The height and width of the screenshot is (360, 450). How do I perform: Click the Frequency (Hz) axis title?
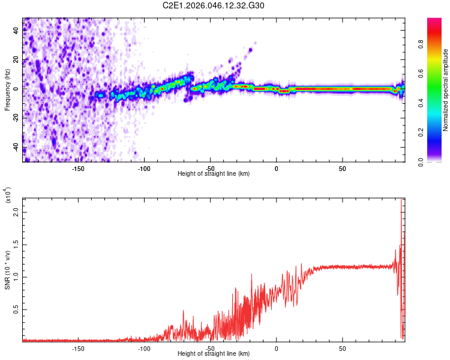[8, 89]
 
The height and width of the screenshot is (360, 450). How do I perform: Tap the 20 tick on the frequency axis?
[16, 59]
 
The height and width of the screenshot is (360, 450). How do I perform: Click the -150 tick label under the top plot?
[77, 168]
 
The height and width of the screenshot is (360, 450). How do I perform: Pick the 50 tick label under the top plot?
[342, 168]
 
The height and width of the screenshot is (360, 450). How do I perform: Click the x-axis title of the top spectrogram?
[214, 174]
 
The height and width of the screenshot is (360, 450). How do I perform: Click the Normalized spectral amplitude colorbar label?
[446, 90]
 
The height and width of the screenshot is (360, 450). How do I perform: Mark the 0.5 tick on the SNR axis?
[16, 309]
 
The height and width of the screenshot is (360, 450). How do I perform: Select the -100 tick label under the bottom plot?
[144, 348]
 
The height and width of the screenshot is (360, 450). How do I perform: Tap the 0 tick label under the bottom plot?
[276, 348]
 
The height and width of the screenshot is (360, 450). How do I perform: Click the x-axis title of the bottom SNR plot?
[214, 354]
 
